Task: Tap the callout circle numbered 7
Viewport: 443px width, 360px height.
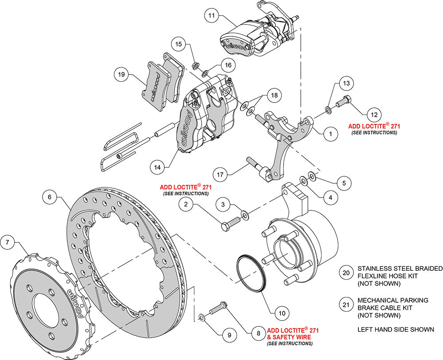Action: (x=7, y=242)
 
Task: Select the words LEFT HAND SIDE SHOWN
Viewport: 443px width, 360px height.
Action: (x=396, y=329)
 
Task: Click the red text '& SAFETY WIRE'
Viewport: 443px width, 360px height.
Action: (x=289, y=337)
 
